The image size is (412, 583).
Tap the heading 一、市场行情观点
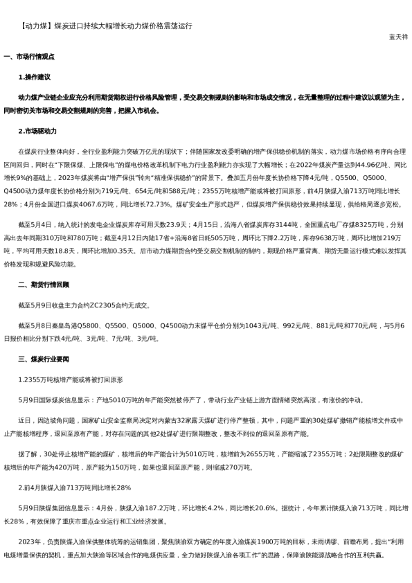28,56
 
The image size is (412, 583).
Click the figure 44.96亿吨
353,165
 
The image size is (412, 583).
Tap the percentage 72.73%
180,204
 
